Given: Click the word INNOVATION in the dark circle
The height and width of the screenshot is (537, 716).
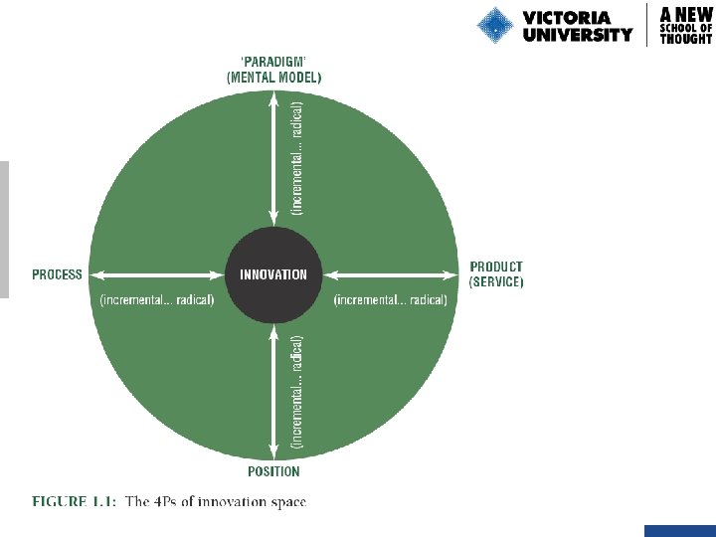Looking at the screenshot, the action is [x=273, y=274].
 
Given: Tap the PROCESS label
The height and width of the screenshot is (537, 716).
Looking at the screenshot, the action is [x=57, y=274].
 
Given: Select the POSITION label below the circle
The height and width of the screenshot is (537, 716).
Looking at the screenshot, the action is [x=273, y=471].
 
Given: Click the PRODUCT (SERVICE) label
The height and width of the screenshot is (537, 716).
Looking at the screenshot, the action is [x=496, y=274].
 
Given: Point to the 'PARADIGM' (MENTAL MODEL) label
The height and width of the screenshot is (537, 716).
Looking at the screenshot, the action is [x=274, y=69].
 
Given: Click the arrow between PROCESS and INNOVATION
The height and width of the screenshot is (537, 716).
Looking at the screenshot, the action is [x=155, y=274].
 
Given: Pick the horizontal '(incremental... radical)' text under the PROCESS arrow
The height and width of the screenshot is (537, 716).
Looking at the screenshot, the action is [x=157, y=300].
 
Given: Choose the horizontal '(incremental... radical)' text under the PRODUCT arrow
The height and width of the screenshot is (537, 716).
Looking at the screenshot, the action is [x=391, y=300].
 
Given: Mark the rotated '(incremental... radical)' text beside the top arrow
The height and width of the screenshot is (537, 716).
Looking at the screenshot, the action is [x=297, y=154].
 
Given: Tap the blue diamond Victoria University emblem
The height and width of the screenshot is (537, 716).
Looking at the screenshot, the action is [x=494, y=25].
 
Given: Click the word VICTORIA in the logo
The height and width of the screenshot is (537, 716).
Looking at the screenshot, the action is [x=566, y=17].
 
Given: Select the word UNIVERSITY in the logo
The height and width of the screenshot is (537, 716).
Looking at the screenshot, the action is [x=577, y=35].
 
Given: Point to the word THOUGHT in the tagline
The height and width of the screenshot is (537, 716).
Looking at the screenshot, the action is [x=686, y=39].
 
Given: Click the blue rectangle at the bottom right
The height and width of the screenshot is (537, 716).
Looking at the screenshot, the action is [x=679, y=531].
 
